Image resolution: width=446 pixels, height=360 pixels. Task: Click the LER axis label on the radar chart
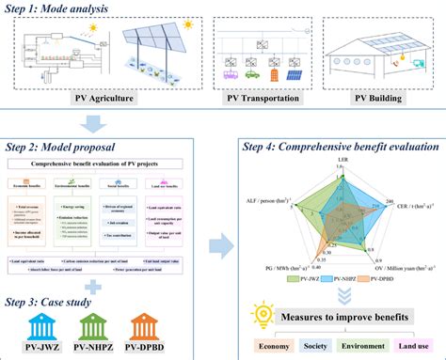tap(342, 161)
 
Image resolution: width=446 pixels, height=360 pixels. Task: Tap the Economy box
tap(277, 347)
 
